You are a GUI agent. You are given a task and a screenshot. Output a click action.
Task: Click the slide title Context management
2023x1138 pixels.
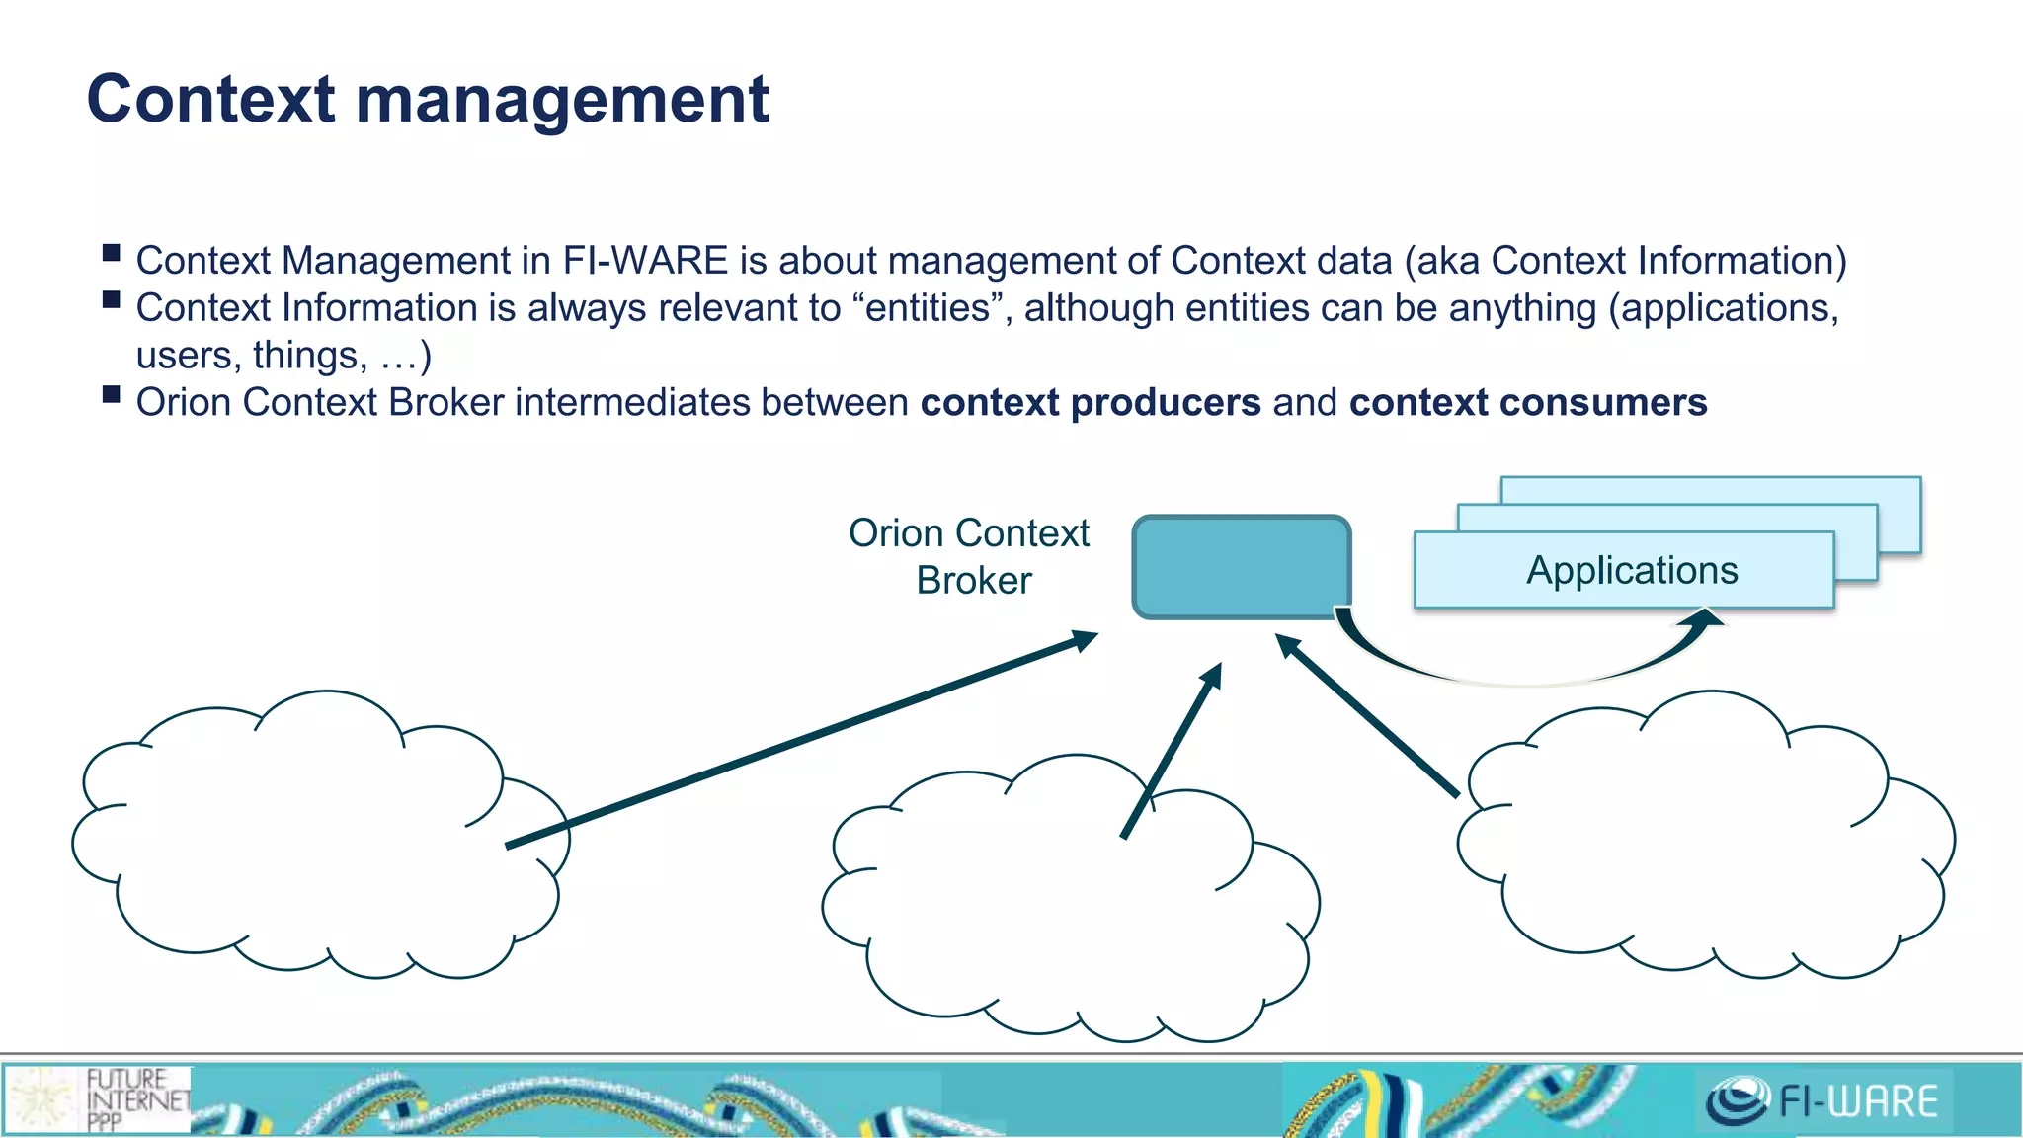pyautogui.click(x=428, y=100)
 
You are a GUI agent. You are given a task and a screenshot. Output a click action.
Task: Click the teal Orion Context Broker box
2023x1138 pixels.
pyautogui.click(x=1241, y=567)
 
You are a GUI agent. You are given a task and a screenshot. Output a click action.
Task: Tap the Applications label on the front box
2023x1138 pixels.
pyautogui.click(x=1632, y=571)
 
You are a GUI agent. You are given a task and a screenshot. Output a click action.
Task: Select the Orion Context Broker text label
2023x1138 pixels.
pyautogui.click(x=970, y=556)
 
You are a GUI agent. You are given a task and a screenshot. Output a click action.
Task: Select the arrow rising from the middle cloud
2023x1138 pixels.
pyautogui.click(x=1173, y=751)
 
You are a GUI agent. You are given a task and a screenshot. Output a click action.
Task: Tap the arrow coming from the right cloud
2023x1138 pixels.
pyautogui.click(x=1368, y=716)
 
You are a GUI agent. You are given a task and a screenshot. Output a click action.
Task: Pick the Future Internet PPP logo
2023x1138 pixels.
pyautogui.click(x=99, y=1098)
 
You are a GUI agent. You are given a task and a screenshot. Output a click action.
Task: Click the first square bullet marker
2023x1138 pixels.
pyautogui.click(x=111, y=253)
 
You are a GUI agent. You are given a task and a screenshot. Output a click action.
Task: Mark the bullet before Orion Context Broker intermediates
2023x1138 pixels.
pyautogui.click(x=111, y=396)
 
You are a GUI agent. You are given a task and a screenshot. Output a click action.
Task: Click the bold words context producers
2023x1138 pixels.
pyautogui.click(x=1091, y=403)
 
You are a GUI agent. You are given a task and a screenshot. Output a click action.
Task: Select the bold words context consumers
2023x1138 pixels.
pyautogui.click(x=1528, y=403)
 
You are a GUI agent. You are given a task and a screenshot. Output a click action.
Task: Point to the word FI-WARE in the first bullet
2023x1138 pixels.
pyautogui.click(x=645, y=261)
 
